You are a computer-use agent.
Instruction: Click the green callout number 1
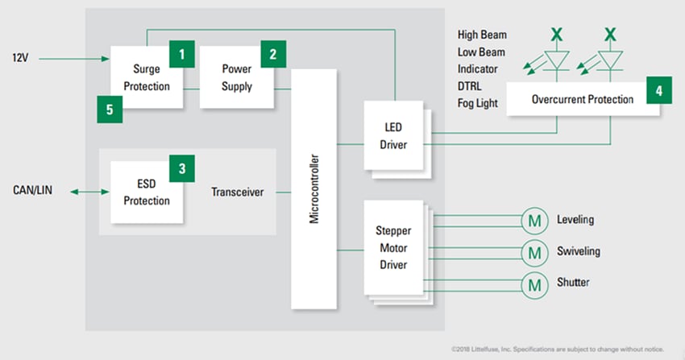click(182, 55)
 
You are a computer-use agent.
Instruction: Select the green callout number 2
click(273, 55)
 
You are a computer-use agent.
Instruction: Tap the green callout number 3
click(182, 169)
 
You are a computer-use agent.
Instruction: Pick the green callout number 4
click(658, 91)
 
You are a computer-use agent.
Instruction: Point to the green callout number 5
click(110, 109)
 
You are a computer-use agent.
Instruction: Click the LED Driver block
click(394, 137)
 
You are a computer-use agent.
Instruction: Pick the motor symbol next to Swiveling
click(533, 252)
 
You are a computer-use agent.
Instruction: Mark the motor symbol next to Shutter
click(533, 283)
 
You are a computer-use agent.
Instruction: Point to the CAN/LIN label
click(34, 191)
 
